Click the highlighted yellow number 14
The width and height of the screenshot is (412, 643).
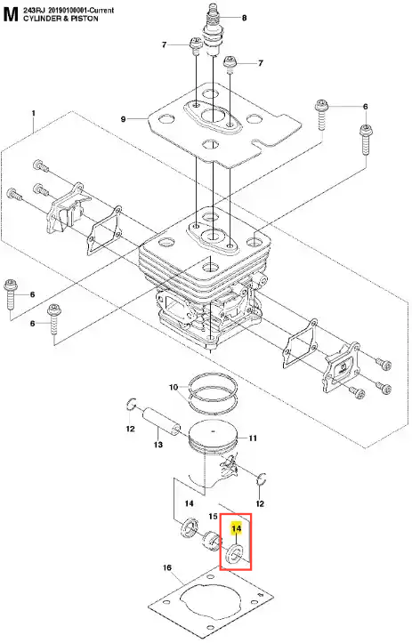236,528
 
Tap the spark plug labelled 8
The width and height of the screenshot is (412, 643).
214,30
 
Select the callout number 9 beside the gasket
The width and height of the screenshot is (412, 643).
123,119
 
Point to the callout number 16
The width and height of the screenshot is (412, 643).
167,568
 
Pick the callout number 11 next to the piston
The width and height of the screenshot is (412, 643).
253,438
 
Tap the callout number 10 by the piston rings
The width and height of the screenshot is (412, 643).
174,387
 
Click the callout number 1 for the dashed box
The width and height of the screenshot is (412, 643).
34,113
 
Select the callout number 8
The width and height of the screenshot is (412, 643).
244,18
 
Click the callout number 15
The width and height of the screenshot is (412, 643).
213,517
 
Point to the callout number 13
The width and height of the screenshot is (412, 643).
158,445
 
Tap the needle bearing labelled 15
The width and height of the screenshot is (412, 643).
211,542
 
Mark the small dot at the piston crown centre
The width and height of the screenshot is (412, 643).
213,431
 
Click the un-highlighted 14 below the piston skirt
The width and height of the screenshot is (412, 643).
189,503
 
